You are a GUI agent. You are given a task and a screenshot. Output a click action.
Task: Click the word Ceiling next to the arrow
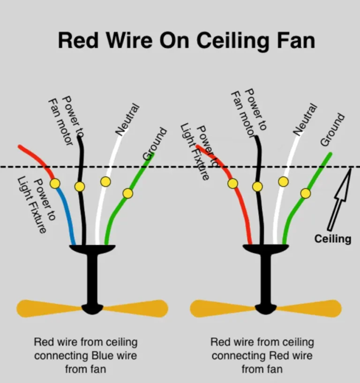(332, 239)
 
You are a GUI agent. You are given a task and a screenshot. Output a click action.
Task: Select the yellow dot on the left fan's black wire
(80, 187)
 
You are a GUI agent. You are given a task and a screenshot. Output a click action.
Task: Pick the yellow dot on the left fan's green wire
(127, 193)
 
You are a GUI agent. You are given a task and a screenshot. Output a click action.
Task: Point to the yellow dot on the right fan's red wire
(233, 183)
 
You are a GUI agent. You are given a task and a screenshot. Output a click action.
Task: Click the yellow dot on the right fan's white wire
(283, 181)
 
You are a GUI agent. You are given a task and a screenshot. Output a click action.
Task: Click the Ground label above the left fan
(155, 143)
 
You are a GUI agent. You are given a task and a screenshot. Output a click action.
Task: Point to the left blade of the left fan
(47, 308)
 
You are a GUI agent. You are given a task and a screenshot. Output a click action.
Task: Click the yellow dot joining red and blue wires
(55, 183)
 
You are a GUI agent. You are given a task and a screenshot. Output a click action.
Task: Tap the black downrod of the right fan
(265, 281)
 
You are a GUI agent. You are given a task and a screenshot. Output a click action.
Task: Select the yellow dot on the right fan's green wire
(306, 193)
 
